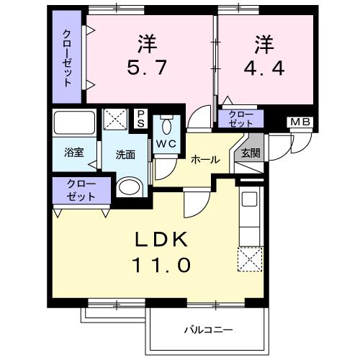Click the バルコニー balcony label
pos(207,329)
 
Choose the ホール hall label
pos(205,161)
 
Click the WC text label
pos(166,143)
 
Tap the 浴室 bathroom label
pos(73,153)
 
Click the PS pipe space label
pos(141,118)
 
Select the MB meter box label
pos(300,122)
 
